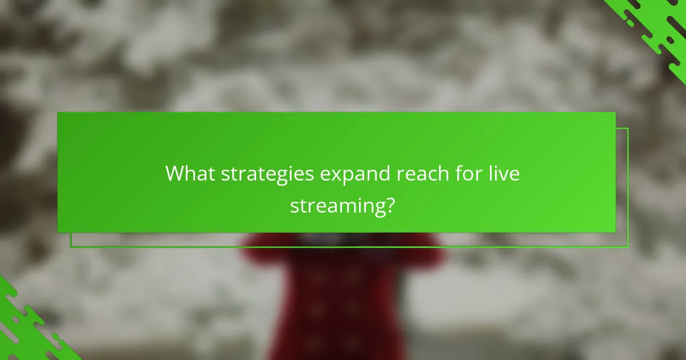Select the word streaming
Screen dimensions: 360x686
click(335, 206)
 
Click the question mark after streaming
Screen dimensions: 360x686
click(389, 205)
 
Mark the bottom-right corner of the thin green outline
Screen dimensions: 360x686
click(628, 247)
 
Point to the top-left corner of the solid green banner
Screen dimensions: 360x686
click(58, 113)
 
